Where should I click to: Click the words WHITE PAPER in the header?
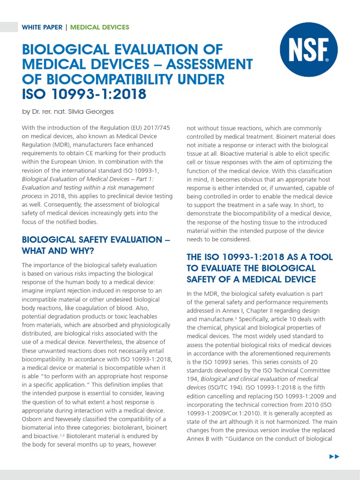click(x=42, y=27)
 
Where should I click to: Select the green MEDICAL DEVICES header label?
click(x=99, y=27)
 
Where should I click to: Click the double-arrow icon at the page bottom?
click(x=334, y=456)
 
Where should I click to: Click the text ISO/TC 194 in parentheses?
click(x=225, y=387)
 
